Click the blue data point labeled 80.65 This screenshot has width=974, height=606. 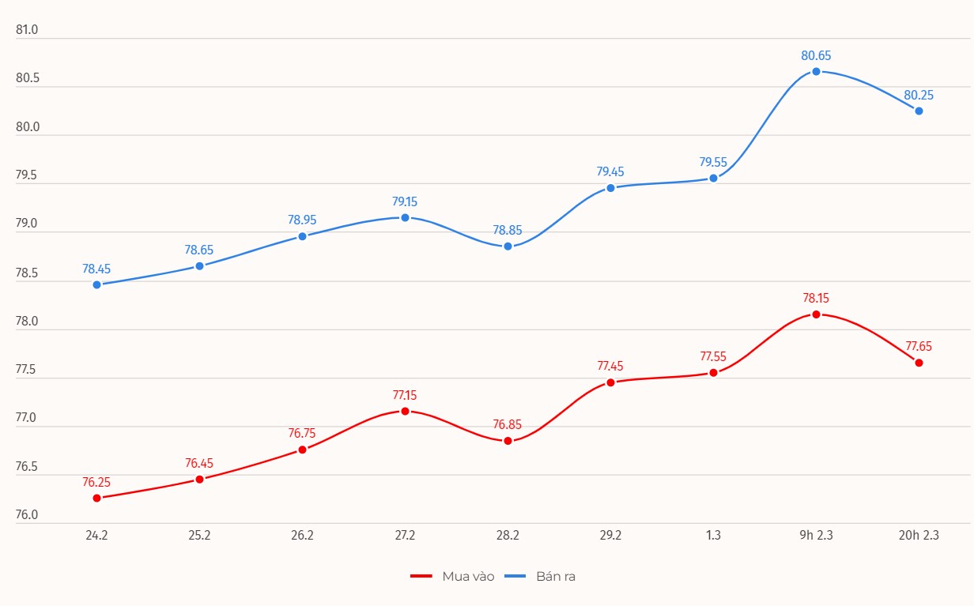point(816,72)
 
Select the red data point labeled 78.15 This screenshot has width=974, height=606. point(816,314)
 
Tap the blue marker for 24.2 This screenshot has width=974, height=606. point(96,284)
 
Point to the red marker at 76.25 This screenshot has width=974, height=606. point(96,498)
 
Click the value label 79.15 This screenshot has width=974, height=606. point(405,201)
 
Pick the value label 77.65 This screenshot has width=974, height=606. point(919,346)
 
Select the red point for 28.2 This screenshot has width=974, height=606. point(508,441)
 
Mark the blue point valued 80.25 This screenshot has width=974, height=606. point(919,111)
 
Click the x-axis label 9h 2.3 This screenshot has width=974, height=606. point(816,535)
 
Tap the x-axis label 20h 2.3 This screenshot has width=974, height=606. point(919,535)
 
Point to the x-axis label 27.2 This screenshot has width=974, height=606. point(405,535)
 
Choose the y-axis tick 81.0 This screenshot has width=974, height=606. point(27,30)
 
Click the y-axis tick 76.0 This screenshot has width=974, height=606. point(27,515)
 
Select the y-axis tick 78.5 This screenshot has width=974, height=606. point(27,273)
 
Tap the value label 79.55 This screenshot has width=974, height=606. point(713,162)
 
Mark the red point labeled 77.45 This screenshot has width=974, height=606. point(610,382)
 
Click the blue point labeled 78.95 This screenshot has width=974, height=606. point(302,236)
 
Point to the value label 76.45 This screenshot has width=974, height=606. point(199,463)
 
